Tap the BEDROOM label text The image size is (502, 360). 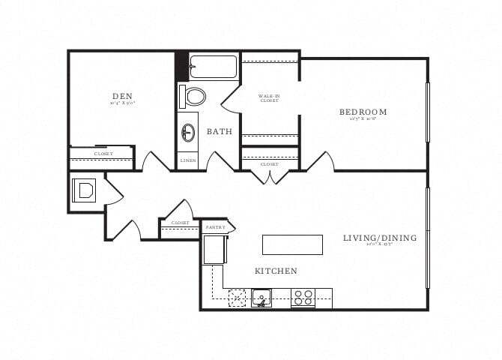(363, 112)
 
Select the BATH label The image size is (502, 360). (220, 131)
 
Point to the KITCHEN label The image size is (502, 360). (276, 271)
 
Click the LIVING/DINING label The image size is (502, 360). (380, 238)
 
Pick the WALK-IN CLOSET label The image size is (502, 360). (270, 98)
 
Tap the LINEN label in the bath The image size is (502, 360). (188, 160)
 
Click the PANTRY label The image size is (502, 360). (216, 226)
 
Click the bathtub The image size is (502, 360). (214, 66)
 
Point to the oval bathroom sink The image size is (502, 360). (188, 133)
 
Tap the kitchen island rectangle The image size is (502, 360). (292, 244)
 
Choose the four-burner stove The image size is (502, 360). (303, 298)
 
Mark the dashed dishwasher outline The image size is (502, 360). (238, 297)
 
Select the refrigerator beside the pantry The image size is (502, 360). (214, 249)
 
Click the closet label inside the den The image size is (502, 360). (103, 154)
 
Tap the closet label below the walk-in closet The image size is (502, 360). (270, 163)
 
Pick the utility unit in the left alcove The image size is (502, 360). (83, 190)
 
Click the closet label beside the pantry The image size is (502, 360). (180, 223)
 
